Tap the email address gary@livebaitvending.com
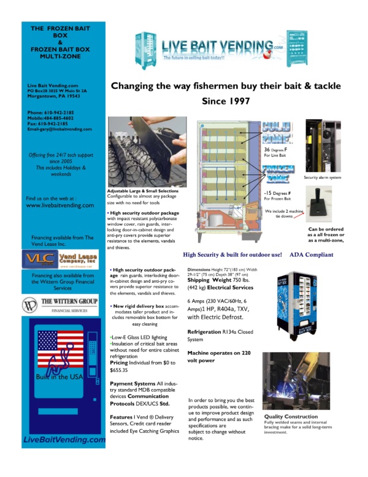point(66,129)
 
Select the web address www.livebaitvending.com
point(59,206)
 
